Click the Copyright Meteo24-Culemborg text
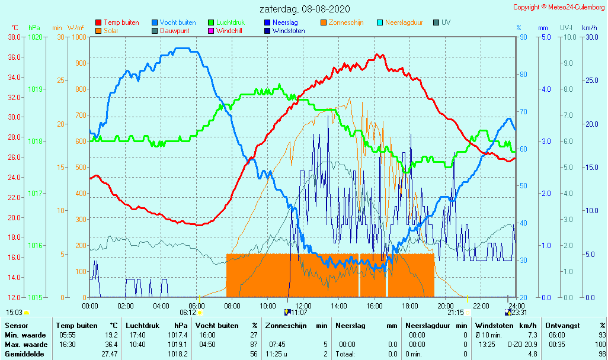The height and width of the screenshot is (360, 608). [x=559, y=7]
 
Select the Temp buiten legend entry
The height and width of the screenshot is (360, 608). [x=121, y=22]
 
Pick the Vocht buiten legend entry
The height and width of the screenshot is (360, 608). [x=177, y=22]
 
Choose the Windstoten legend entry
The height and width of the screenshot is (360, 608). [x=289, y=31]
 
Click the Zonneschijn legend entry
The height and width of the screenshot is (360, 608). [x=347, y=22]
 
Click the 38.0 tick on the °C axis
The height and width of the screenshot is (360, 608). [x=15, y=37]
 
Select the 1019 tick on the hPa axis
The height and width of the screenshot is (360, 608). [x=35, y=89]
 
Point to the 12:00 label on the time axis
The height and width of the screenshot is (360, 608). [x=303, y=306]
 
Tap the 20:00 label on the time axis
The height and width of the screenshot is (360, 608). [x=446, y=306]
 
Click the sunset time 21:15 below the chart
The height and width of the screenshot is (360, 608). [x=455, y=313]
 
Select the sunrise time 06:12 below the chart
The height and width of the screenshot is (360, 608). [x=188, y=313]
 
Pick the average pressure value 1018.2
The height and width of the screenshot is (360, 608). [x=178, y=353]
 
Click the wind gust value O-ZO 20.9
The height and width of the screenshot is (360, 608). [x=522, y=344]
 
